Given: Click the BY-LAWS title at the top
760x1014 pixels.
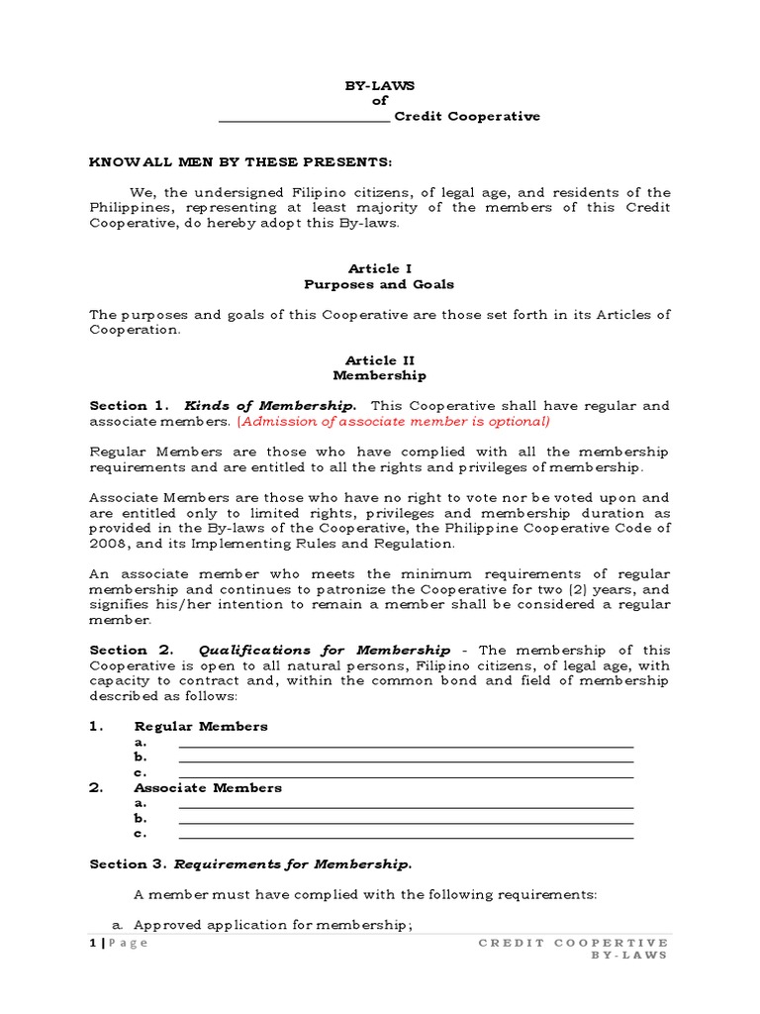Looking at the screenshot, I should click(x=380, y=86).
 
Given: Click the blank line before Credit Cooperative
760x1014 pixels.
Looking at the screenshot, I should click(x=304, y=117).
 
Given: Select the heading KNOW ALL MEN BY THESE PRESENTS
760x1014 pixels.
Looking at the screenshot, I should click(x=240, y=161).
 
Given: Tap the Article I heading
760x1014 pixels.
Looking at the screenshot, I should click(x=380, y=268).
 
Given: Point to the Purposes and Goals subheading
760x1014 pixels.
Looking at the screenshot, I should click(x=380, y=284).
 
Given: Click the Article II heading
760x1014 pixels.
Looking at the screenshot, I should click(x=380, y=360).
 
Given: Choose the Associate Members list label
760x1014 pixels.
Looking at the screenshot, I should click(x=208, y=788).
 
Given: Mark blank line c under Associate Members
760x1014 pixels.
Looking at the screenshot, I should click(x=405, y=836).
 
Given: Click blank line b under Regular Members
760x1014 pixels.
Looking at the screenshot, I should click(x=405, y=760).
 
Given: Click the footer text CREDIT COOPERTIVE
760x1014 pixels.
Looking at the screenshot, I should click(x=573, y=943).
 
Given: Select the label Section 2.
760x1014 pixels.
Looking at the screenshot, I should click(x=132, y=650).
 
